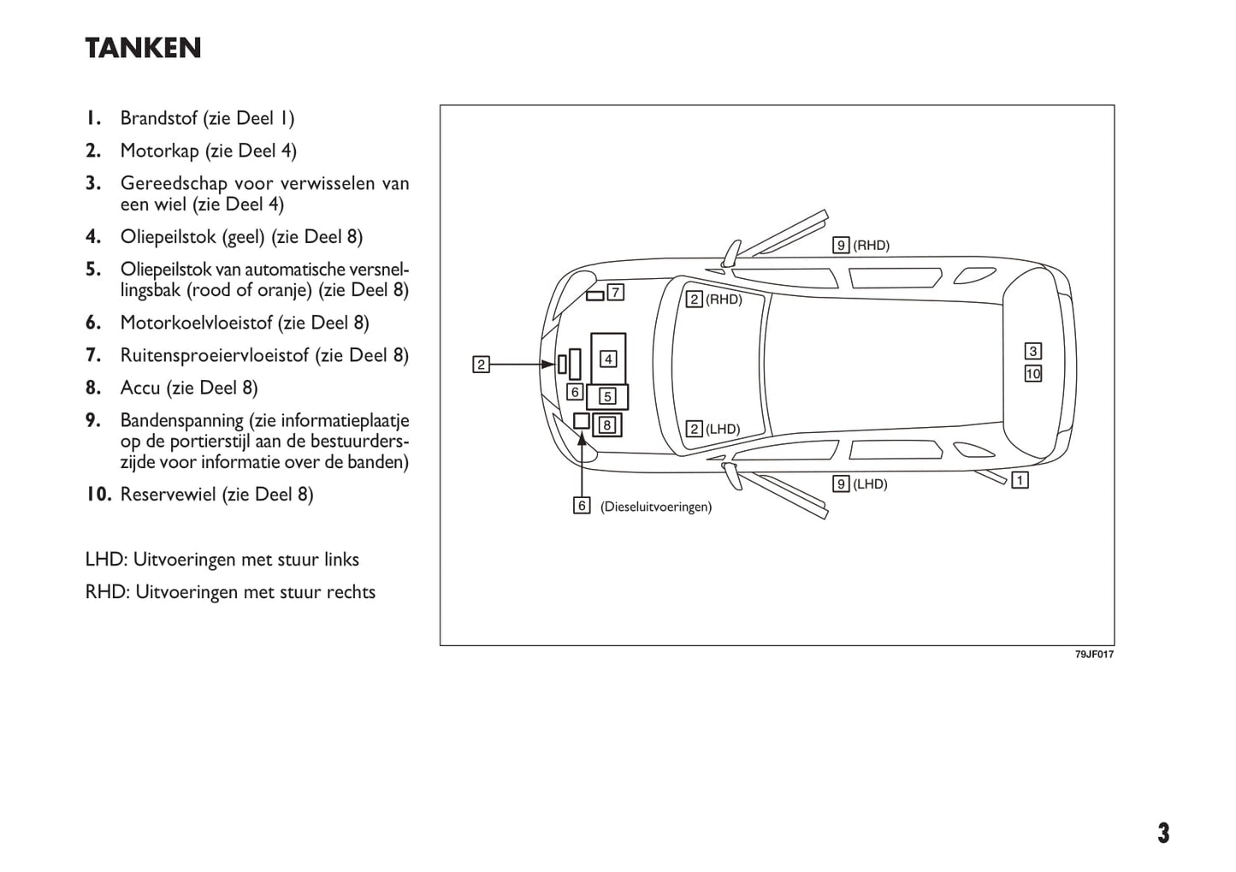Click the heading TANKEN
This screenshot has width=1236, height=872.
(143, 49)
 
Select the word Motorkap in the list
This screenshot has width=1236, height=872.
(159, 151)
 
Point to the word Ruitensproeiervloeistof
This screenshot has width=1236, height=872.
(214, 355)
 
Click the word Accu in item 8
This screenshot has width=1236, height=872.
(140, 388)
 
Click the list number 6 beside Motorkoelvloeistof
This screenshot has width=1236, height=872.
(93, 323)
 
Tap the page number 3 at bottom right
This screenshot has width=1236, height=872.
(1163, 833)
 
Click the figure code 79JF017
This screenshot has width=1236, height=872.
(1094, 655)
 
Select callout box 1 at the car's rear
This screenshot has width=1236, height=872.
(1020, 480)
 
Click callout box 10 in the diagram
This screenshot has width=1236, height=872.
(1033, 373)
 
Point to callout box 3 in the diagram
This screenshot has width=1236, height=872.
(1033, 351)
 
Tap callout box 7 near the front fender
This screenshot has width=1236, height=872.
(615, 292)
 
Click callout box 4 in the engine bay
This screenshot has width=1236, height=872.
(608, 359)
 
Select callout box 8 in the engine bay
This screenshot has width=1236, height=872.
(606, 424)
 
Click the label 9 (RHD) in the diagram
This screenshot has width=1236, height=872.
(861, 246)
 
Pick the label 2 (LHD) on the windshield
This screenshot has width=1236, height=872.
(713, 429)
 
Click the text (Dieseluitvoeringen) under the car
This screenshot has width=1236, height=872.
(656, 507)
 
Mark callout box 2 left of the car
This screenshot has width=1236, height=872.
(482, 365)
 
